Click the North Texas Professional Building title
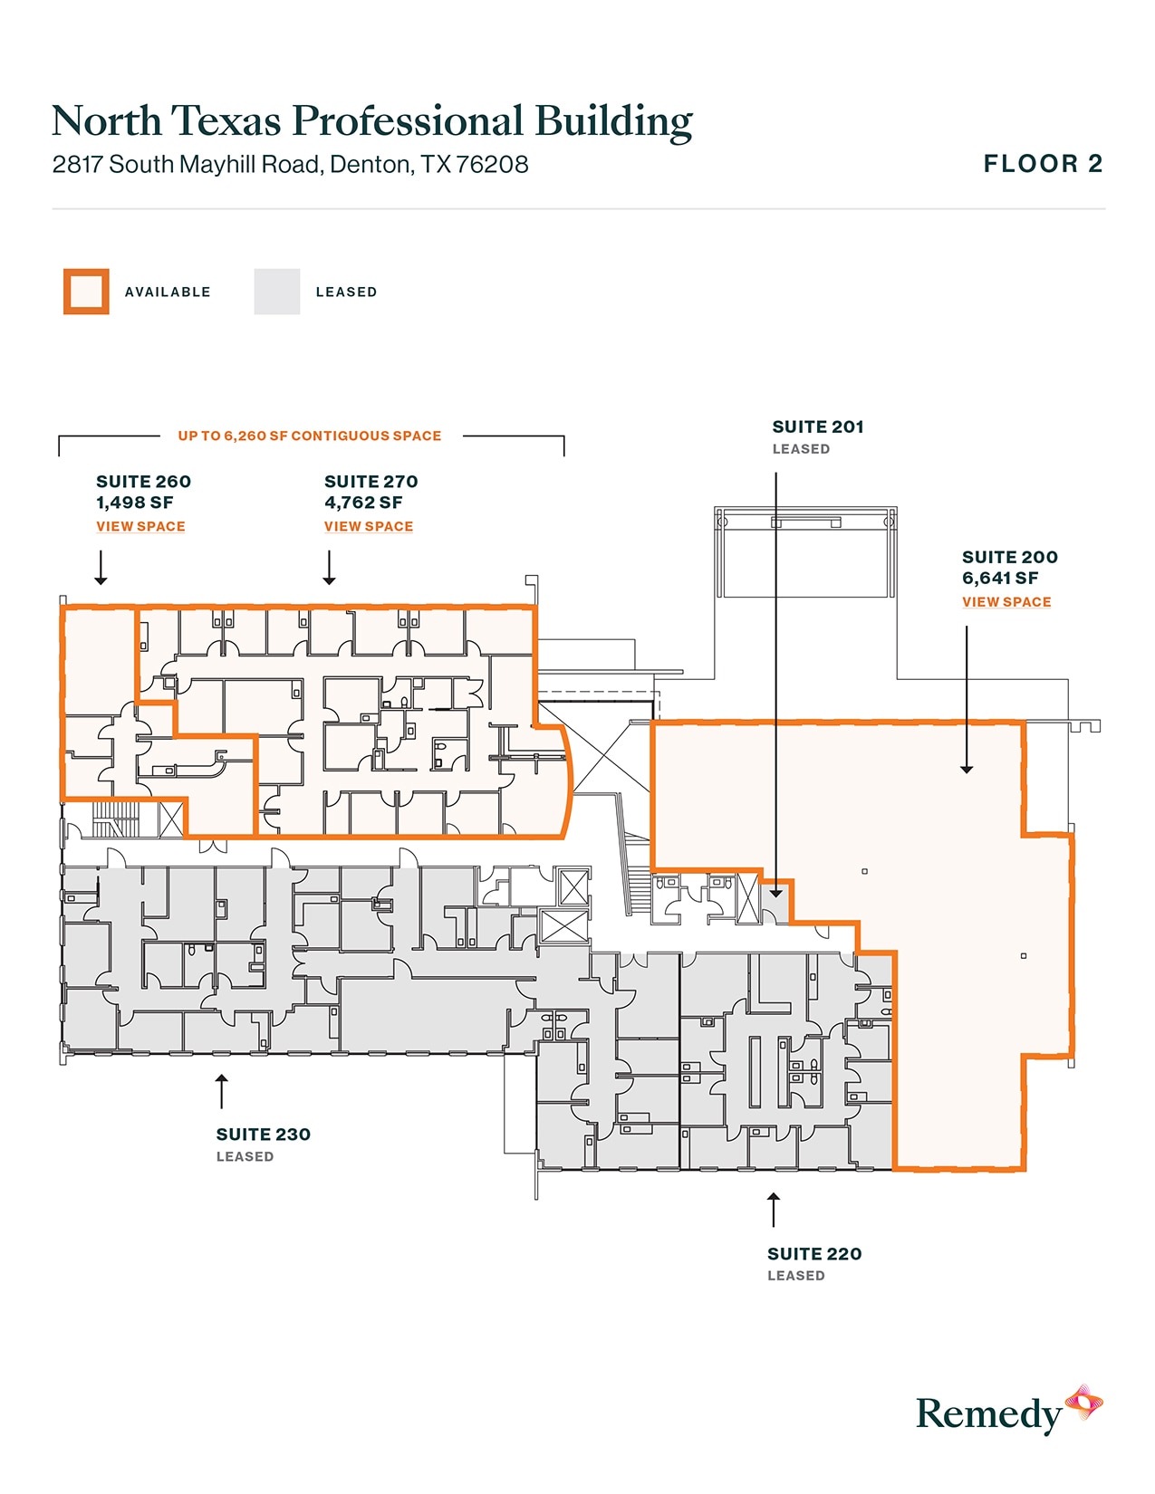click(x=371, y=121)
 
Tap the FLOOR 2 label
click(x=1043, y=164)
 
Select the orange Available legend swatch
click(x=86, y=292)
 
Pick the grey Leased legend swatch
click(x=276, y=292)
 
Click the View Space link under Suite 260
click(x=140, y=527)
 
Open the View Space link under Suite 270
click(x=369, y=527)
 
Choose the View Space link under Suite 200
click(x=1006, y=602)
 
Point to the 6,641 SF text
click(x=999, y=579)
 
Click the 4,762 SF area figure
click(x=363, y=503)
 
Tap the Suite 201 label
click(x=817, y=427)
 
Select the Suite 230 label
click(x=264, y=1135)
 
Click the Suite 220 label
click(x=814, y=1254)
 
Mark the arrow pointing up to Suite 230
click(x=222, y=1091)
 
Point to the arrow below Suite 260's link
click(x=101, y=567)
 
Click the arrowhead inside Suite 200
click(x=967, y=770)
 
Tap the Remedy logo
click(x=1009, y=1413)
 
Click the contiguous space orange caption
click(x=310, y=436)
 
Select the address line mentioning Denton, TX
click(x=290, y=164)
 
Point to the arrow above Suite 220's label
click(x=774, y=1210)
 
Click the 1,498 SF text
click(x=135, y=503)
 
